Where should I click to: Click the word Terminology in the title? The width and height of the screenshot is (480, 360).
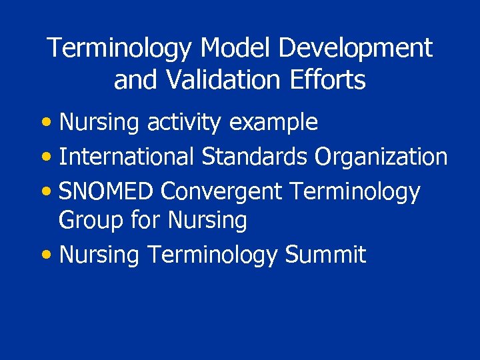coord(120,48)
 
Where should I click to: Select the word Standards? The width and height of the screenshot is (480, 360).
coord(254,157)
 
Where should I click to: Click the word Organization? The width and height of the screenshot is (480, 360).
coord(381,157)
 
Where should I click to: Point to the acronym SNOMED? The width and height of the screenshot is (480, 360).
coord(107,191)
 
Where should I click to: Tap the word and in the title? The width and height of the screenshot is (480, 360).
coord(136,80)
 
